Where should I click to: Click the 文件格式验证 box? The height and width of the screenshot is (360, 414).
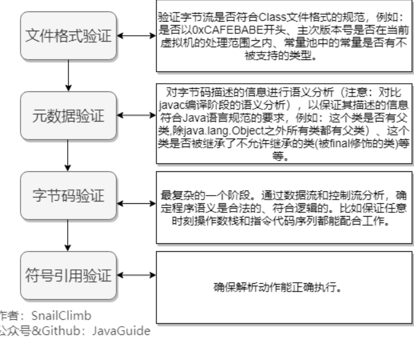click(68, 36)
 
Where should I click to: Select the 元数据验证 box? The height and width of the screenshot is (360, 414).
click(68, 116)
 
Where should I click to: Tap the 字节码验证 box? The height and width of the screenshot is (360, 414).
click(68, 196)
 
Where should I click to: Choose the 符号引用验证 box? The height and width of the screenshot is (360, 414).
click(68, 276)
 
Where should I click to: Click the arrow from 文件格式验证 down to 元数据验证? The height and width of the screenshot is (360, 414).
click(68, 75)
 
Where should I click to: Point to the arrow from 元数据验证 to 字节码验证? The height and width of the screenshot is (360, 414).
click(68, 155)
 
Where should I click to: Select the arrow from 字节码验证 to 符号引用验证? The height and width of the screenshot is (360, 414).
click(68, 235)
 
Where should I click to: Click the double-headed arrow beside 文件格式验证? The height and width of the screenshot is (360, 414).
click(136, 36)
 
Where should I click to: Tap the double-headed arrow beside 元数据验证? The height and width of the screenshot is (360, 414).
click(136, 115)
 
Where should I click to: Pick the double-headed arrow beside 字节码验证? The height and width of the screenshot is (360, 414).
click(136, 203)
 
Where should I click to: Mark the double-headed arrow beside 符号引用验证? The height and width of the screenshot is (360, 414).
click(136, 275)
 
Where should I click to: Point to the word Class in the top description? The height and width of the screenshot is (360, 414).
click(272, 17)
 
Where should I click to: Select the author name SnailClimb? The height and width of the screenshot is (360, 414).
click(61, 316)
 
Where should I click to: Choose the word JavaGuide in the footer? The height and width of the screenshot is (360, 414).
click(121, 331)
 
